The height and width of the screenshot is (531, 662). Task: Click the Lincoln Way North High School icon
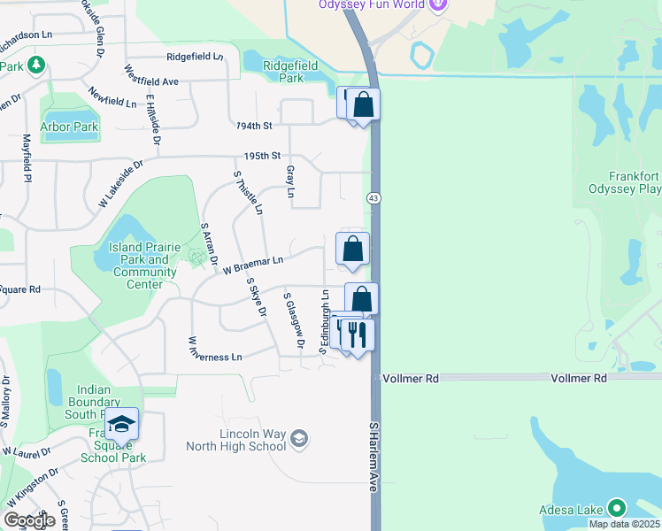[299, 437]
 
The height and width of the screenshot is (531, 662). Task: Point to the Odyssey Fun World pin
[436, 4]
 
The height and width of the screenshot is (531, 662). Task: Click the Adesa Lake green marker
[616, 508]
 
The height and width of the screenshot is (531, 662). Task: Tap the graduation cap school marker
[122, 425]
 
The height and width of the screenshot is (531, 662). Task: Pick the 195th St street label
[262, 156]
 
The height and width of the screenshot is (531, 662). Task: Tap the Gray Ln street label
[289, 181]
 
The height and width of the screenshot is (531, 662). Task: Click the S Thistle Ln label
[249, 191]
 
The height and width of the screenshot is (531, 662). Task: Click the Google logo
[29, 520]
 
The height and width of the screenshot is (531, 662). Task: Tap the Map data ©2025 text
[624, 524]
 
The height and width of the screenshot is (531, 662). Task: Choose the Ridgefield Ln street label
[194, 56]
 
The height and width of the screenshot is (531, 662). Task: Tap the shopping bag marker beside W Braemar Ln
[352, 249]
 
